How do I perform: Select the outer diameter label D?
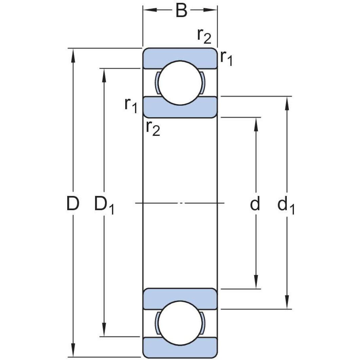click(x=72, y=204)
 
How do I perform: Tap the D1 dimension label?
click(x=104, y=205)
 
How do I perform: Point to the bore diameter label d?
click(x=255, y=204)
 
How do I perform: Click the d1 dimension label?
click(x=286, y=205)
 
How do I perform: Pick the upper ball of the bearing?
click(x=180, y=82)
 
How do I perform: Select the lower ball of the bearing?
click(x=180, y=322)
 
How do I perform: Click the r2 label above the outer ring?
click(x=204, y=36)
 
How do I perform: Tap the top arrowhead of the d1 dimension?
click(x=287, y=103)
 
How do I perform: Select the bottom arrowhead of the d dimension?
click(x=256, y=282)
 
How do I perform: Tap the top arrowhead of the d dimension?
click(x=256, y=124)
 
